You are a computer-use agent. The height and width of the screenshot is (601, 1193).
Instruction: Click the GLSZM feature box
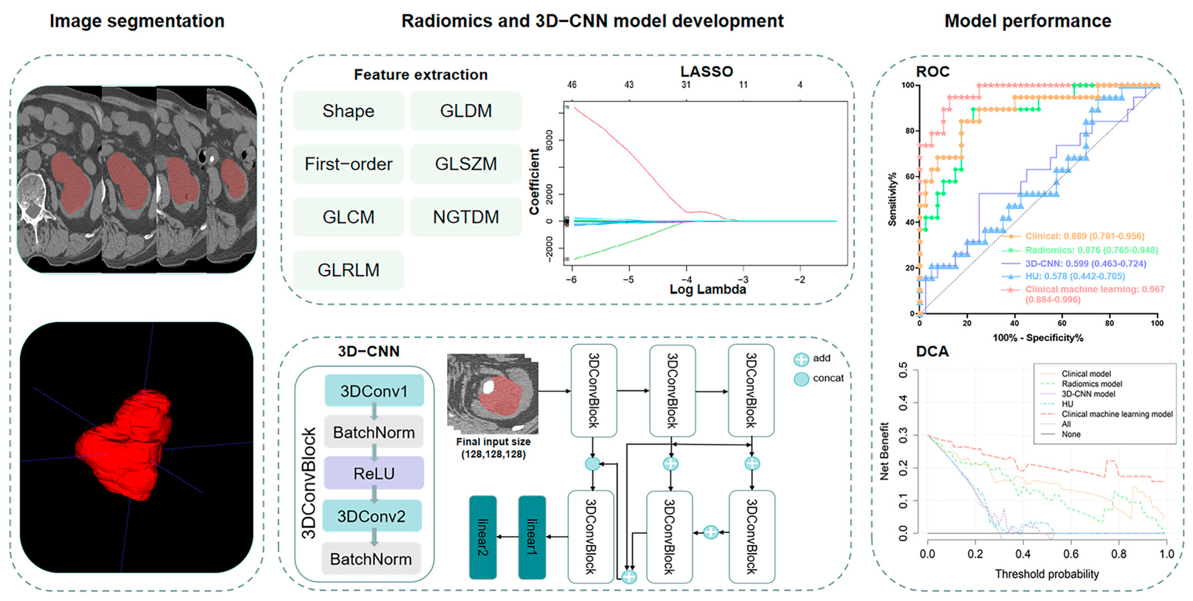(x=466, y=164)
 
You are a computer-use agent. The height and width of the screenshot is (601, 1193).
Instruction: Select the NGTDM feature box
(x=466, y=217)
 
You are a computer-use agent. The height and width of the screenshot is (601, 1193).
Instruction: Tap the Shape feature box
(x=348, y=111)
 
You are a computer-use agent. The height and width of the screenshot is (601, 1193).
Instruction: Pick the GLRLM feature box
(x=348, y=270)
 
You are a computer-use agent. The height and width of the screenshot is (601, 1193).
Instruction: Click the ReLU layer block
(x=374, y=473)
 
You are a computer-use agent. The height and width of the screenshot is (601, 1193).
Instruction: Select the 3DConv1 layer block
(x=374, y=391)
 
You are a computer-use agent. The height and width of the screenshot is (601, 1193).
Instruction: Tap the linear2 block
(x=483, y=537)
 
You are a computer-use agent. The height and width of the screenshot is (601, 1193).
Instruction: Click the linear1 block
(x=532, y=537)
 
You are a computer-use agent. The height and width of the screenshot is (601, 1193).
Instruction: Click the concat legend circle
(x=801, y=379)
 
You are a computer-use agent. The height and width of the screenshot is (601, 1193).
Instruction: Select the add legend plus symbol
(x=801, y=359)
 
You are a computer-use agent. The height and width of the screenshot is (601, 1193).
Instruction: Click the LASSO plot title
(x=706, y=72)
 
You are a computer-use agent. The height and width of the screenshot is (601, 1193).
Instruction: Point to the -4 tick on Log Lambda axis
(x=686, y=280)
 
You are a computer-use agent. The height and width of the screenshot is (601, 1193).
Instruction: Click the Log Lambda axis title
(x=708, y=290)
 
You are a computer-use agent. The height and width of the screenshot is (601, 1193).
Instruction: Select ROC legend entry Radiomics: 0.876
(x=1091, y=250)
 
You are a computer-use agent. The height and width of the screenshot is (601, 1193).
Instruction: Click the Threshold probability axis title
(x=1047, y=574)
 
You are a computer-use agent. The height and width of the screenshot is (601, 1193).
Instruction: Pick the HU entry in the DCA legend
(x=1067, y=404)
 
